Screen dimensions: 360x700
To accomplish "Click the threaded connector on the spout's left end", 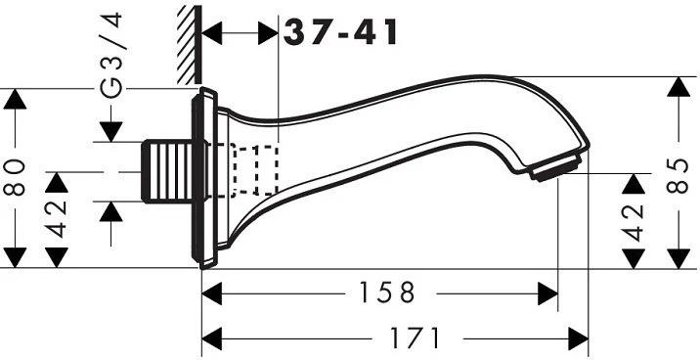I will click(x=168, y=172).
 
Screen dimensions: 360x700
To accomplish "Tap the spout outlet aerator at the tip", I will click(x=556, y=169).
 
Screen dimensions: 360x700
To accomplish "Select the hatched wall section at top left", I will click(x=188, y=44).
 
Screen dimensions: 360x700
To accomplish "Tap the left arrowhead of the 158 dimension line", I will click(x=212, y=292).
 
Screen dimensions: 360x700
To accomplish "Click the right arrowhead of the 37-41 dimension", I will click(x=270, y=32).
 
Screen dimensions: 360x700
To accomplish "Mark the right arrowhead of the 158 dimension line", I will click(x=547, y=292).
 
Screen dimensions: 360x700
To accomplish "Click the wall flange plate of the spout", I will click(x=206, y=176).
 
